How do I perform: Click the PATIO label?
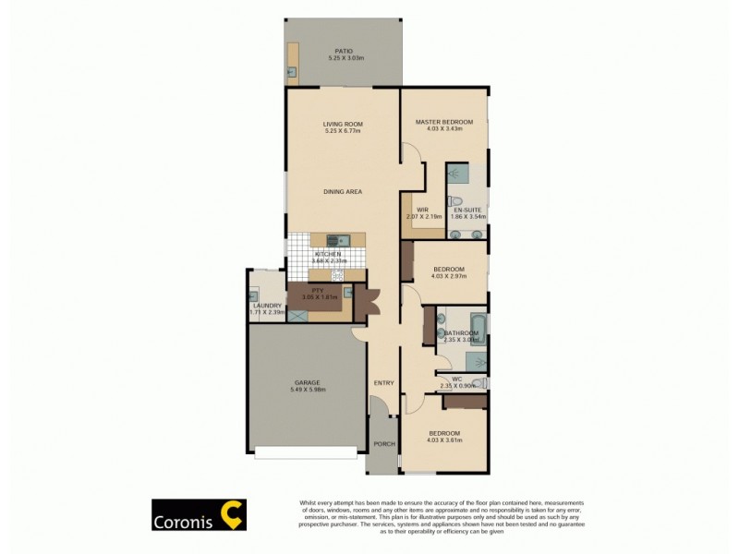343,51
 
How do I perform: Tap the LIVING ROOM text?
342,124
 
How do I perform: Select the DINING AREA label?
342,191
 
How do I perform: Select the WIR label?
422,210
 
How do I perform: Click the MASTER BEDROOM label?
443,122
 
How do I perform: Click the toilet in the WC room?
478,383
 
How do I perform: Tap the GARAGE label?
307,382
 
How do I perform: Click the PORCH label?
383,444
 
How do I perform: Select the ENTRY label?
383,383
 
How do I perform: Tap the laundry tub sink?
253,296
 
